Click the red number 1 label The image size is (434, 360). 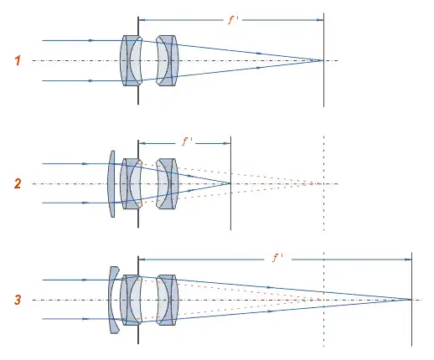click(18, 60)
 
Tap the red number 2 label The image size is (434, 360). click(18, 183)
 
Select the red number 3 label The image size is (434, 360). click(18, 300)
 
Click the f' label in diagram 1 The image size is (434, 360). click(233, 20)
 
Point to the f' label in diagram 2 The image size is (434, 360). click(187, 141)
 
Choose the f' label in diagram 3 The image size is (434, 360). click(277, 257)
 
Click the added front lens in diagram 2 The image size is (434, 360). click(111, 183)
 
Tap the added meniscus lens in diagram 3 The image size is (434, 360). click(114, 300)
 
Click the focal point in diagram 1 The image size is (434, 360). click(323, 60)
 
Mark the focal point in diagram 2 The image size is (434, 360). click(230, 183)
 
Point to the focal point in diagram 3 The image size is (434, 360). click(411, 300)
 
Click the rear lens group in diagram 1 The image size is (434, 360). click(167, 60)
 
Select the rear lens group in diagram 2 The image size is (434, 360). click(167, 183)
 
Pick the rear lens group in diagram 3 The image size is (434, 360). click(167, 300)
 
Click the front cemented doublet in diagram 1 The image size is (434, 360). click(131, 60)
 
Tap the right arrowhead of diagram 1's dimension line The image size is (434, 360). click(320, 20)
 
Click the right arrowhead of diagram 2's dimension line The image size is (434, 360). click(227, 143)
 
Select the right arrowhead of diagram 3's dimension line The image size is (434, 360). click(408, 260)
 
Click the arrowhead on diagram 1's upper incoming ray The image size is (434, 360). click(90, 40)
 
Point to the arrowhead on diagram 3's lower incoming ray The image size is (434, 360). click(85, 319)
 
